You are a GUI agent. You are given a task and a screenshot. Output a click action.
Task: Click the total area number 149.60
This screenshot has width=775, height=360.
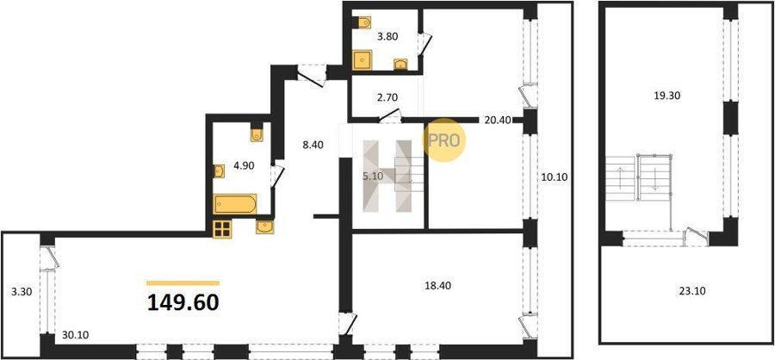(183, 302)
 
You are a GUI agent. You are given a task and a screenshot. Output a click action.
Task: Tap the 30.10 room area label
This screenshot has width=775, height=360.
(76, 335)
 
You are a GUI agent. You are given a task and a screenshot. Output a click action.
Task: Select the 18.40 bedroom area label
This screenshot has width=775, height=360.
(438, 285)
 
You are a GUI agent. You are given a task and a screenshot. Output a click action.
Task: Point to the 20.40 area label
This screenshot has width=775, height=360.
(498, 119)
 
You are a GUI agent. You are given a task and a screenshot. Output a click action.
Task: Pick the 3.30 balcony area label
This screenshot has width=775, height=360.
(22, 292)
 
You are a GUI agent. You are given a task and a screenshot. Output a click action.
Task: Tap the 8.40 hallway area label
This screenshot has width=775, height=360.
(312, 145)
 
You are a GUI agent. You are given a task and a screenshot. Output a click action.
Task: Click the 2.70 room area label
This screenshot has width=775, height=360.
(387, 97)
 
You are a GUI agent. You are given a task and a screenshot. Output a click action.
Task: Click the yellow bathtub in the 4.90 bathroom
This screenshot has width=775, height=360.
(235, 204)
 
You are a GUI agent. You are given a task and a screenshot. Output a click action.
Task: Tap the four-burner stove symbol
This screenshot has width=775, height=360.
(222, 229)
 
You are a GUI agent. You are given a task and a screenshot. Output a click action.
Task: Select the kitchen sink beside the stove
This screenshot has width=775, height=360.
(265, 227)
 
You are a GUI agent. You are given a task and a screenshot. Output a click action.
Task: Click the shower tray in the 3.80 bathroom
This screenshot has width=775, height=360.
(363, 60)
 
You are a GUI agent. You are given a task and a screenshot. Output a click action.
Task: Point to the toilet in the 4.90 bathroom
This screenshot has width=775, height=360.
(257, 133)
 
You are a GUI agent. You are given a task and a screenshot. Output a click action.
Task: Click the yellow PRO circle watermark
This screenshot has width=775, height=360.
(443, 140)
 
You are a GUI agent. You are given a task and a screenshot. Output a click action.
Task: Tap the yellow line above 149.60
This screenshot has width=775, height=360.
(183, 283)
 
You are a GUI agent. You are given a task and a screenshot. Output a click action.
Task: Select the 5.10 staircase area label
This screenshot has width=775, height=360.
(372, 177)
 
